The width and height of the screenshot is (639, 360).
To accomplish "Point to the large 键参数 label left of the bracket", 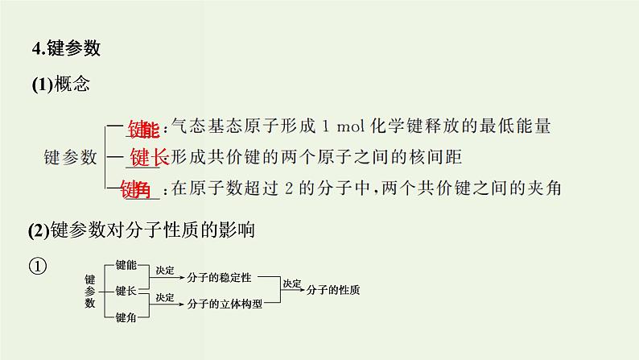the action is click(x=70, y=157).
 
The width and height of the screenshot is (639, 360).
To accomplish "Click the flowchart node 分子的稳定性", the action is click(x=219, y=277).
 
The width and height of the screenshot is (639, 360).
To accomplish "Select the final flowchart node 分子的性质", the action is click(x=333, y=290).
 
